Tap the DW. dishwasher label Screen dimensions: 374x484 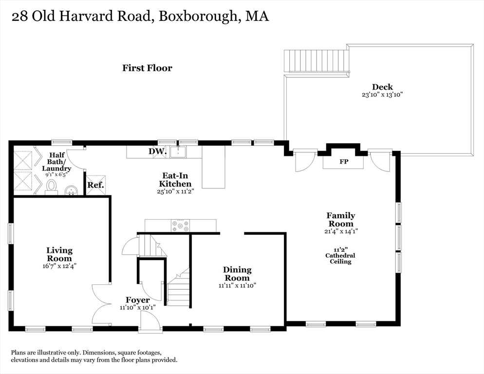pos(158,151)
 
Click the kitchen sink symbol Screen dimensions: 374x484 pos(179,151)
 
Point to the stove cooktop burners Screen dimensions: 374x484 pos(180,225)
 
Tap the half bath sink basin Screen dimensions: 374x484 pos(72,189)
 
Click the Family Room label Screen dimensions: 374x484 pos(340,219)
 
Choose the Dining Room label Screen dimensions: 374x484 pos(237,273)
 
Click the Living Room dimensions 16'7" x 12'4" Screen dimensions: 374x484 pos(59,266)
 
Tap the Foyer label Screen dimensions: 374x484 pos(138,300)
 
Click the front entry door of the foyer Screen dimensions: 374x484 pos(150,322)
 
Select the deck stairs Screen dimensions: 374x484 pos(316,61)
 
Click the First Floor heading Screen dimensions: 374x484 pos(147,68)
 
